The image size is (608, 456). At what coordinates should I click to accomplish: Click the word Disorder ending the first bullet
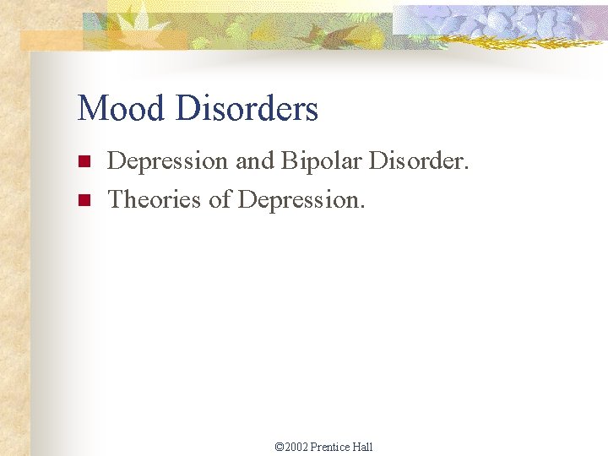point(416,160)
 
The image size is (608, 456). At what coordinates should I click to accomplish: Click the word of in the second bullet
point(223,199)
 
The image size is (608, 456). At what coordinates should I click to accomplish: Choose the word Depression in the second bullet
point(302,200)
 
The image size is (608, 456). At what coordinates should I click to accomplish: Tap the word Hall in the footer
point(363,447)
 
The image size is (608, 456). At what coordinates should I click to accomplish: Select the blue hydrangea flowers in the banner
point(498,21)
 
